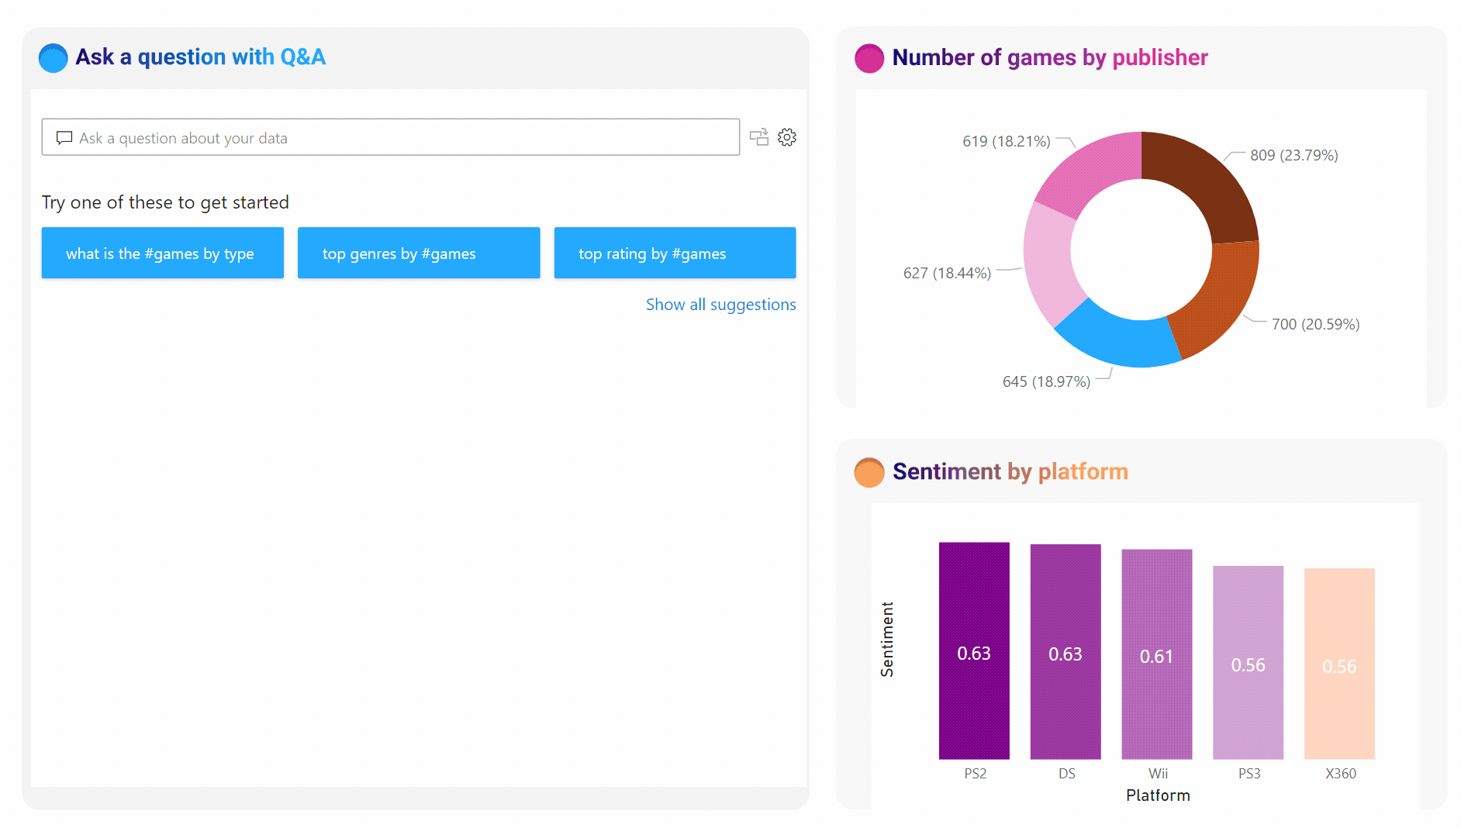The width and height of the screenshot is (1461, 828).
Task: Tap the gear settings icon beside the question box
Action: pyautogui.click(x=787, y=137)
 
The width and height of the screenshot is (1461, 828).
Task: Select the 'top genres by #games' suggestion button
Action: pyautogui.click(x=419, y=253)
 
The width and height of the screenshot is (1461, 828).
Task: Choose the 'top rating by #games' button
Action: pyautogui.click(x=675, y=253)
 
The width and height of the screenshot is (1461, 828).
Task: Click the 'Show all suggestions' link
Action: pyautogui.click(x=720, y=305)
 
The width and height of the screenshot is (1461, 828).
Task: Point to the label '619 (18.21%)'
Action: pyautogui.click(x=1006, y=141)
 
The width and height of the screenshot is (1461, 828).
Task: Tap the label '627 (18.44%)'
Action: pyautogui.click(x=947, y=273)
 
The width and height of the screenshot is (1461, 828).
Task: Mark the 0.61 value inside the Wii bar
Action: pyautogui.click(x=1156, y=657)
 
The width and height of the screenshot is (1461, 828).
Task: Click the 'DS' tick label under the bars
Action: pyautogui.click(x=1066, y=774)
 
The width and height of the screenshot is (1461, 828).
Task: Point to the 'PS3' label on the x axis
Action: pyautogui.click(x=1249, y=774)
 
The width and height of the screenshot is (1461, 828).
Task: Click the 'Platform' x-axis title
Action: pyautogui.click(x=1158, y=795)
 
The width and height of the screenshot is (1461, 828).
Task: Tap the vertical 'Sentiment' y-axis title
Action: pyautogui.click(x=887, y=639)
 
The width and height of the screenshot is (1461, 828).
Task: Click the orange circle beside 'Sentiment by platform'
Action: pyautogui.click(x=869, y=472)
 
